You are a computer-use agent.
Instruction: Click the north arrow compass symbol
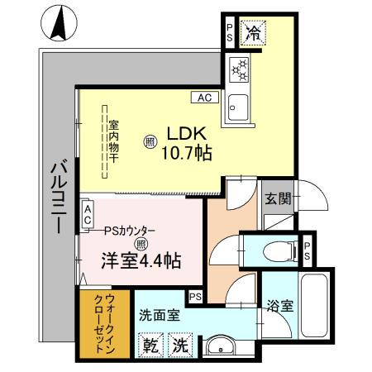(59, 22)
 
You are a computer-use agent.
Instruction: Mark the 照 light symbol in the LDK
(150, 141)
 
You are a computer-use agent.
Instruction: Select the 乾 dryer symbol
(150, 344)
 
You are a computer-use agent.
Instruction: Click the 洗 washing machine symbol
(179, 344)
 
